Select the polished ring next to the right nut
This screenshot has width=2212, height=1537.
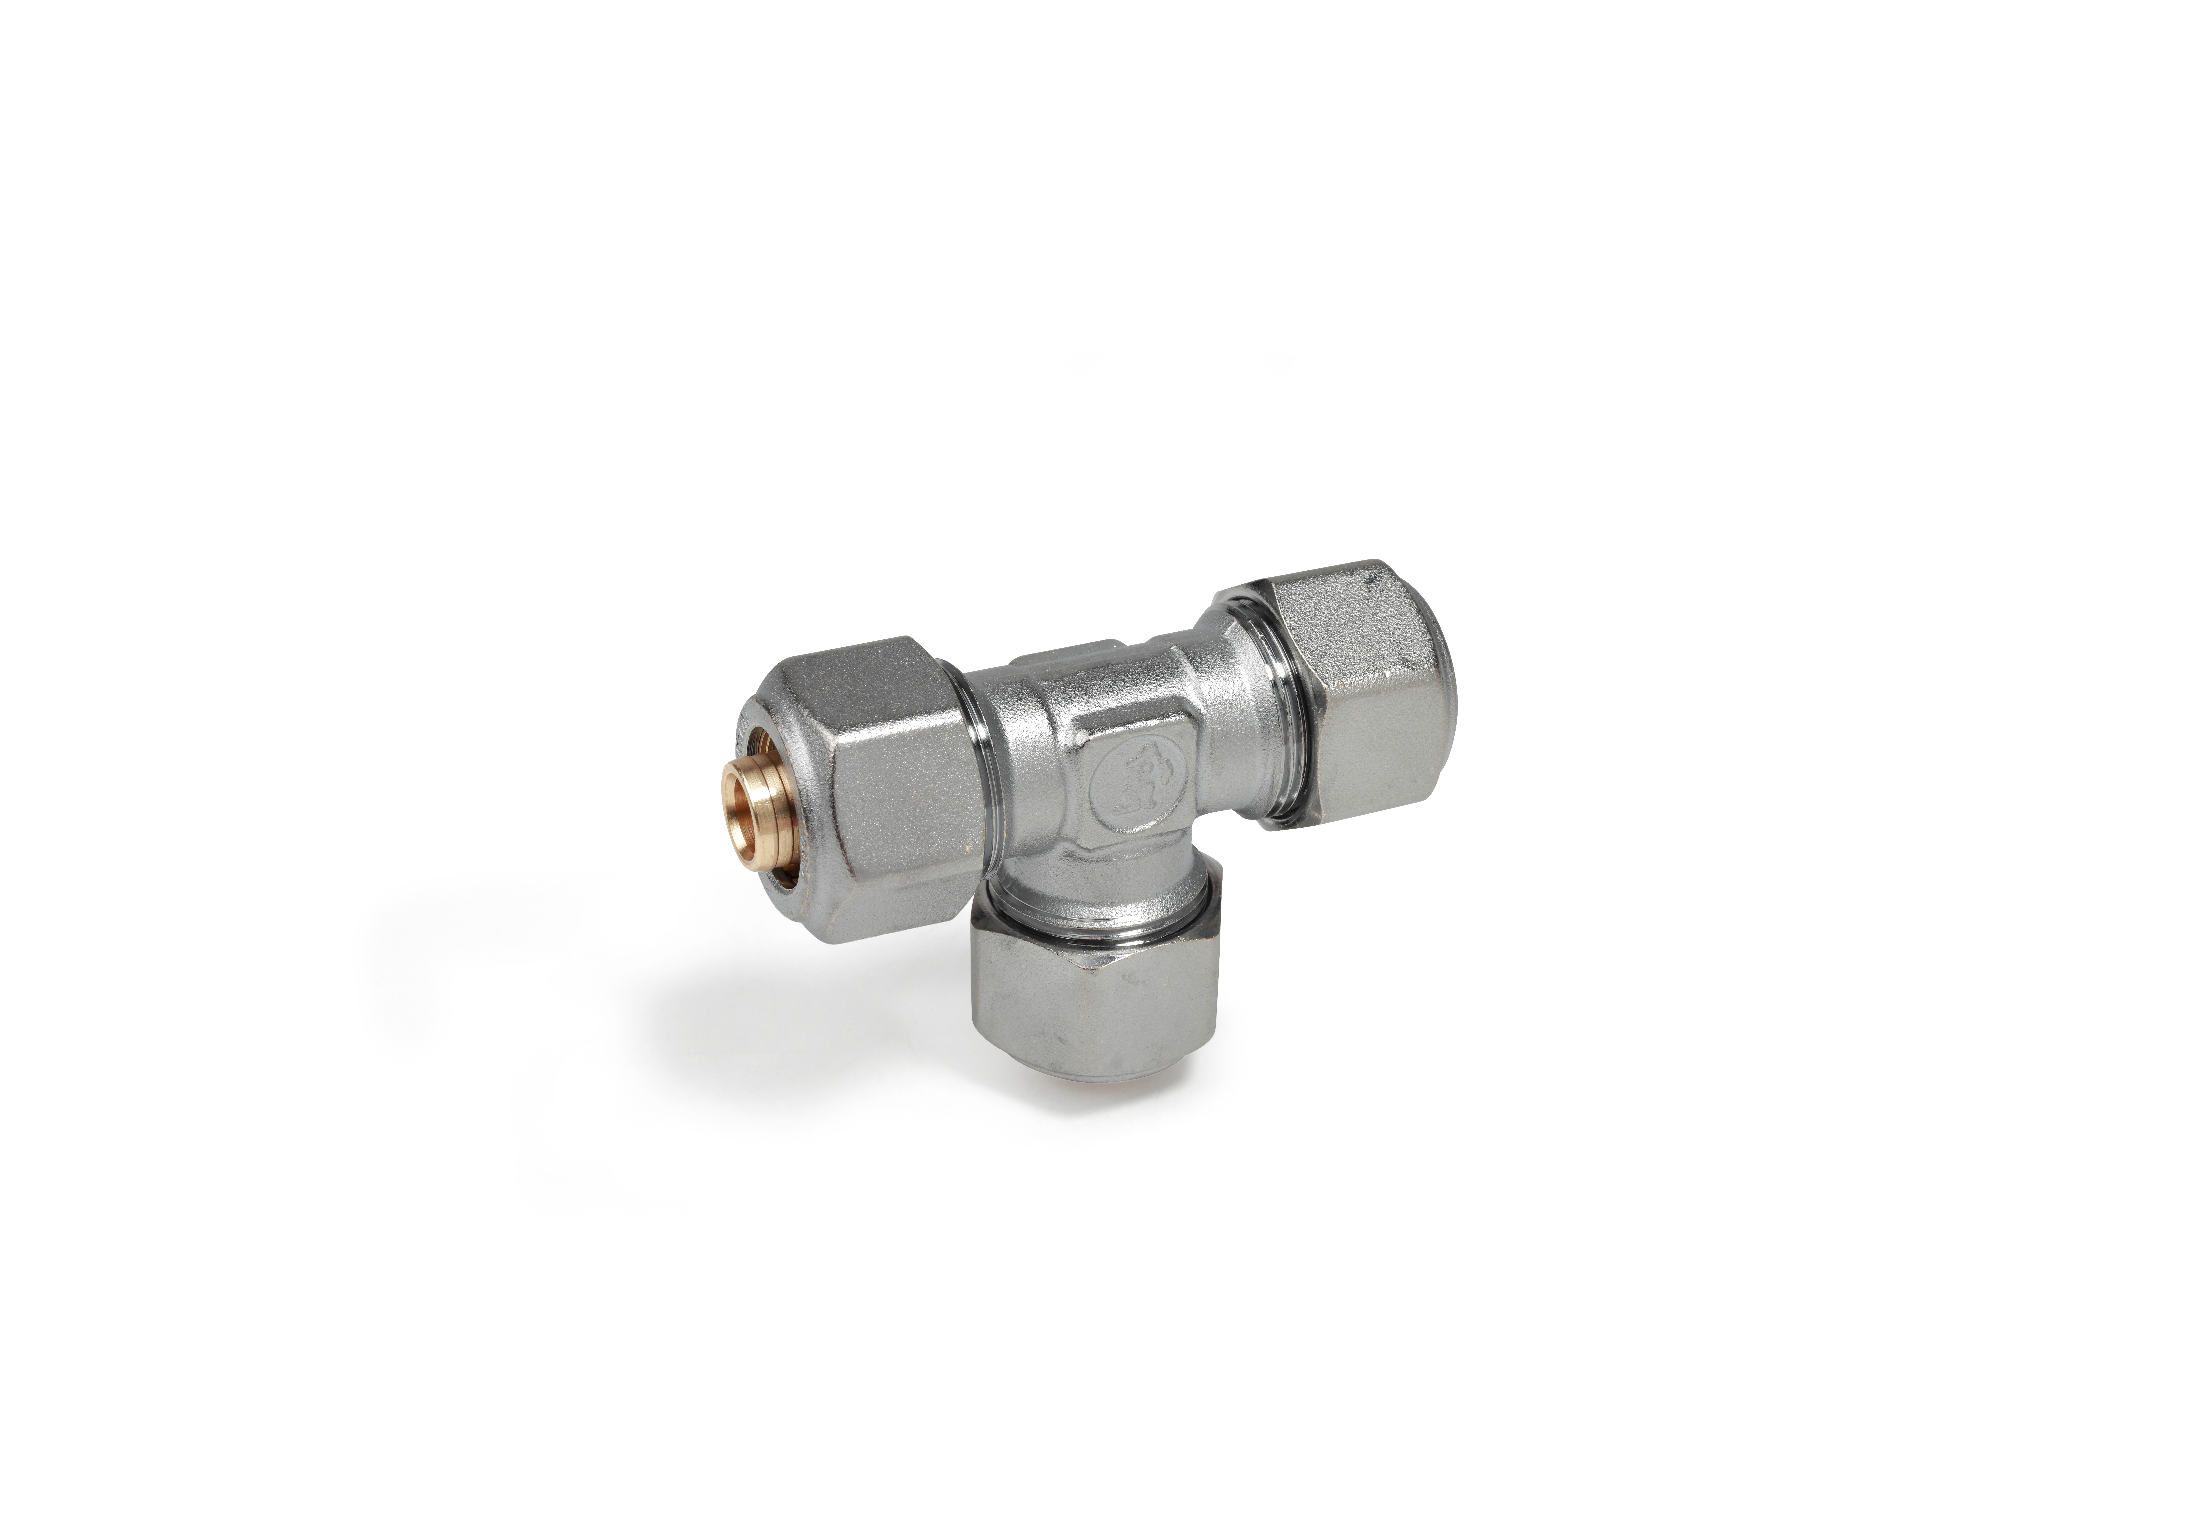coord(1276,713)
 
